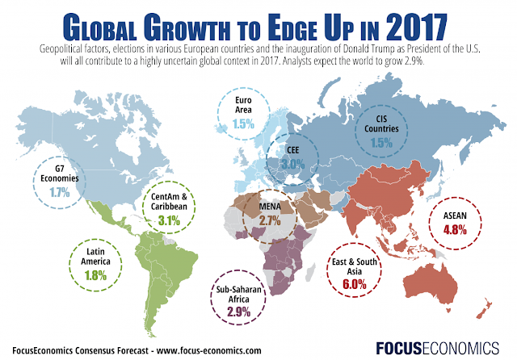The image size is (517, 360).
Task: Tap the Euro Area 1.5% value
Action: (244, 124)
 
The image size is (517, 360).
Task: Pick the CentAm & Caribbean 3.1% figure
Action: (169, 220)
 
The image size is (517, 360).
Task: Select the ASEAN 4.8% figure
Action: (453, 228)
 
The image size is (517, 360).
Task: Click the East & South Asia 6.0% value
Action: (360, 283)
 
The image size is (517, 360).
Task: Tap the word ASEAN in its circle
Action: (453, 216)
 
